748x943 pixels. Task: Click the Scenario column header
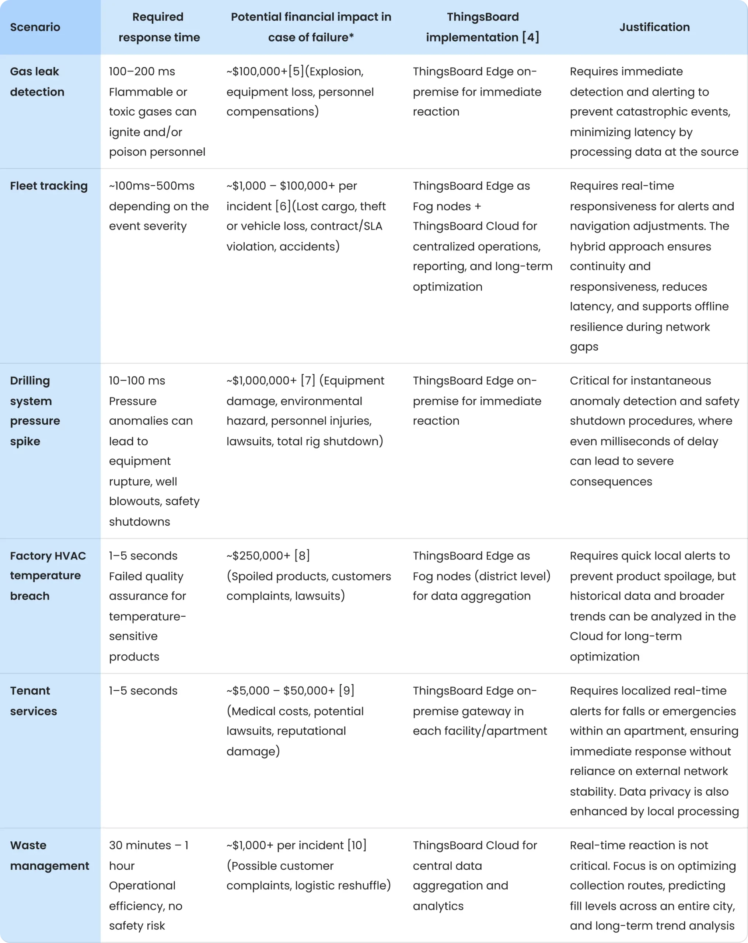click(x=35, y=27)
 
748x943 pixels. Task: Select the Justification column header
click(x=654, y=27)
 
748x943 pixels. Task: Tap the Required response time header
click(x=159, y=27)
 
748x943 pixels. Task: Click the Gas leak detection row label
click(x=37, y=82)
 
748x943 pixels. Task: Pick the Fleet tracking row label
click(x=49, y=186)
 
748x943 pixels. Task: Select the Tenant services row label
click(x=33, y=701)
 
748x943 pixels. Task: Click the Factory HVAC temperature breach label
click(x=48, y=576)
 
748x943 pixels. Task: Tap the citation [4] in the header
click(x=531, y=38)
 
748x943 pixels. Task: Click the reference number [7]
click(x=308, y=381)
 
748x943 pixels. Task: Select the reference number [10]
click(x=357, y=845)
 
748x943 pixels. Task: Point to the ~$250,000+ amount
click(x=258, y=555)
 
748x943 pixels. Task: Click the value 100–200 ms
click(x=142, y=71)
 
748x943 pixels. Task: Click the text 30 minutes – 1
click(x=149, y=845)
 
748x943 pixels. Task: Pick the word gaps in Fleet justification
click(x=584, y=347)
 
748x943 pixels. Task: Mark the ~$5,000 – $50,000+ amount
click(x=280, y=691)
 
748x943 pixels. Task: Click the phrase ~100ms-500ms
click(x=151, y=186)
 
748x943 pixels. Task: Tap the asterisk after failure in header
click(x=351, y=36)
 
